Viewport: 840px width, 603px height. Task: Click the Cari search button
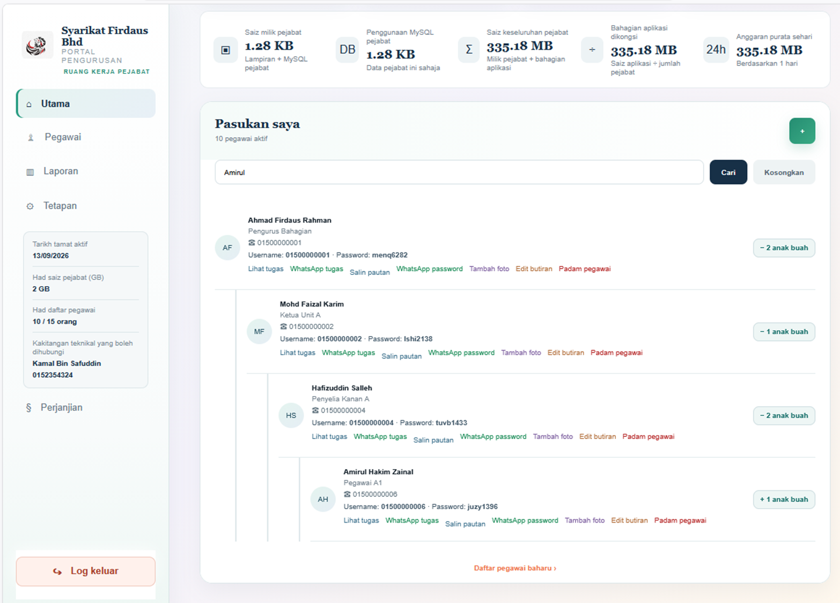point(728,173)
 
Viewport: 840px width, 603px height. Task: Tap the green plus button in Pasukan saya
point(802,131)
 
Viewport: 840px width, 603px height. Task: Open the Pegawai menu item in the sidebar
point(63,137)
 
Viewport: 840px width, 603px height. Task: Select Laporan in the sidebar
point(61,172)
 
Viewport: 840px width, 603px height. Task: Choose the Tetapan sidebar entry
point(60,206)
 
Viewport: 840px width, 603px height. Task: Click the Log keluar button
point(85,571)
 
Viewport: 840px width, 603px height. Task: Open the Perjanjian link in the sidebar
point(62,407)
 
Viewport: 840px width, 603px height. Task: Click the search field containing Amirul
point(459,173)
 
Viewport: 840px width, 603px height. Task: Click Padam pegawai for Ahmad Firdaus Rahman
point(585,269)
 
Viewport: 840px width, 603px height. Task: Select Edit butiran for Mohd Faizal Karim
point(565,353)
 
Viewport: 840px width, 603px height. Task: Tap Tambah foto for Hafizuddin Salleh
point(552,437)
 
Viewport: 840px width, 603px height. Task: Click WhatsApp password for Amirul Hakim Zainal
point(525,520)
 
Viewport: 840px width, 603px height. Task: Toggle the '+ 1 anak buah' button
point(784,500)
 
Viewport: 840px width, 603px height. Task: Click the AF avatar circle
point(227,248)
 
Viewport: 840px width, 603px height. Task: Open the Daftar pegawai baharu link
point(515,568)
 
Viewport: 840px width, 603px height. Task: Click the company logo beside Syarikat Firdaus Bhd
point(37,46)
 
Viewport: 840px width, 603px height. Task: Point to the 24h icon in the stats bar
point(716,49)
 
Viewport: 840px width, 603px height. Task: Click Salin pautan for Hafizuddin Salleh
point(433,440)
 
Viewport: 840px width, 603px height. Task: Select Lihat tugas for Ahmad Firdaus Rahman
point(266,269)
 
